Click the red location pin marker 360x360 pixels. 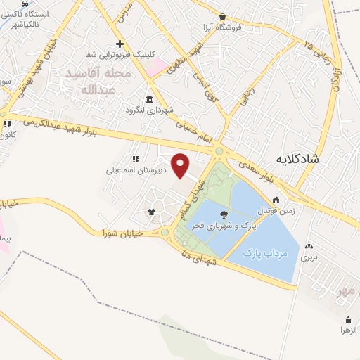181,165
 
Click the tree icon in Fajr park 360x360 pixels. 224,214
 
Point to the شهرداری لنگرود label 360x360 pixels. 148,110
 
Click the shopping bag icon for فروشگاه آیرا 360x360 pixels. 222,17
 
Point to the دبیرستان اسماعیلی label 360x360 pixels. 136,170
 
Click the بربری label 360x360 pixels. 309,257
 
